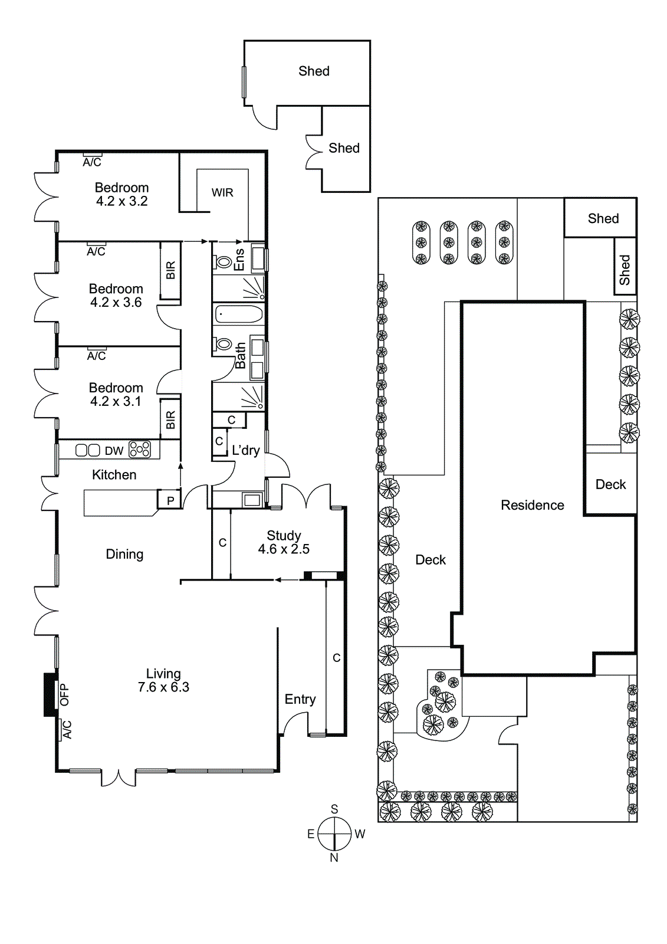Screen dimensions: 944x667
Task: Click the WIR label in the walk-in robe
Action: [x=222, y=193]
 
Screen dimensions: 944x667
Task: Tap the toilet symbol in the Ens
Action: [x=224, y=261]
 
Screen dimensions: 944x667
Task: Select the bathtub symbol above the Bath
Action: [x=238, y=314]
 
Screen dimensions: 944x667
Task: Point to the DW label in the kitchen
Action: [x=114, y=451]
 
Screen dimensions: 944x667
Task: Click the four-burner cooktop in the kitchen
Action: [x=140, y=450]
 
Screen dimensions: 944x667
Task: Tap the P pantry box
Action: [x=170, y=501]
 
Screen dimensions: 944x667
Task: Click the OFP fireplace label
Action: [x=64, y=694]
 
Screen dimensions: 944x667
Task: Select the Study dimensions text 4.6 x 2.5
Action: [x=284, y=549]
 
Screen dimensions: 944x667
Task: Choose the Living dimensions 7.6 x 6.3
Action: [x=163, y=687]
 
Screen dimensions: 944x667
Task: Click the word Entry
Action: [x=300, y=700]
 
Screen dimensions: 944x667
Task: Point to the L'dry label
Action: [x=245, y=451]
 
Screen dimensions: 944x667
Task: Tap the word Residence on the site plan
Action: [x=532, y=505]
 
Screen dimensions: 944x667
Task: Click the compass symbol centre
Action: [x=334, y=834]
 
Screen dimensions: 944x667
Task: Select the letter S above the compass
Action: [x=334, y=809]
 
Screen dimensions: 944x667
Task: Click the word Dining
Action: [x=124, y=554]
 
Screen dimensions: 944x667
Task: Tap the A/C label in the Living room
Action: [x=67, y=730]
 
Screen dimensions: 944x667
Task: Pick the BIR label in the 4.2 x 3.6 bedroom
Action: [x=170, y=270]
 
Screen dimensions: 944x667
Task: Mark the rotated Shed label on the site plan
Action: [x=625, y=270]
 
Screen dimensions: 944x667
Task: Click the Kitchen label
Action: [x=114, y=475]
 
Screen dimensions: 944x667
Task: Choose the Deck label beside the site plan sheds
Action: [x=610, y=484]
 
